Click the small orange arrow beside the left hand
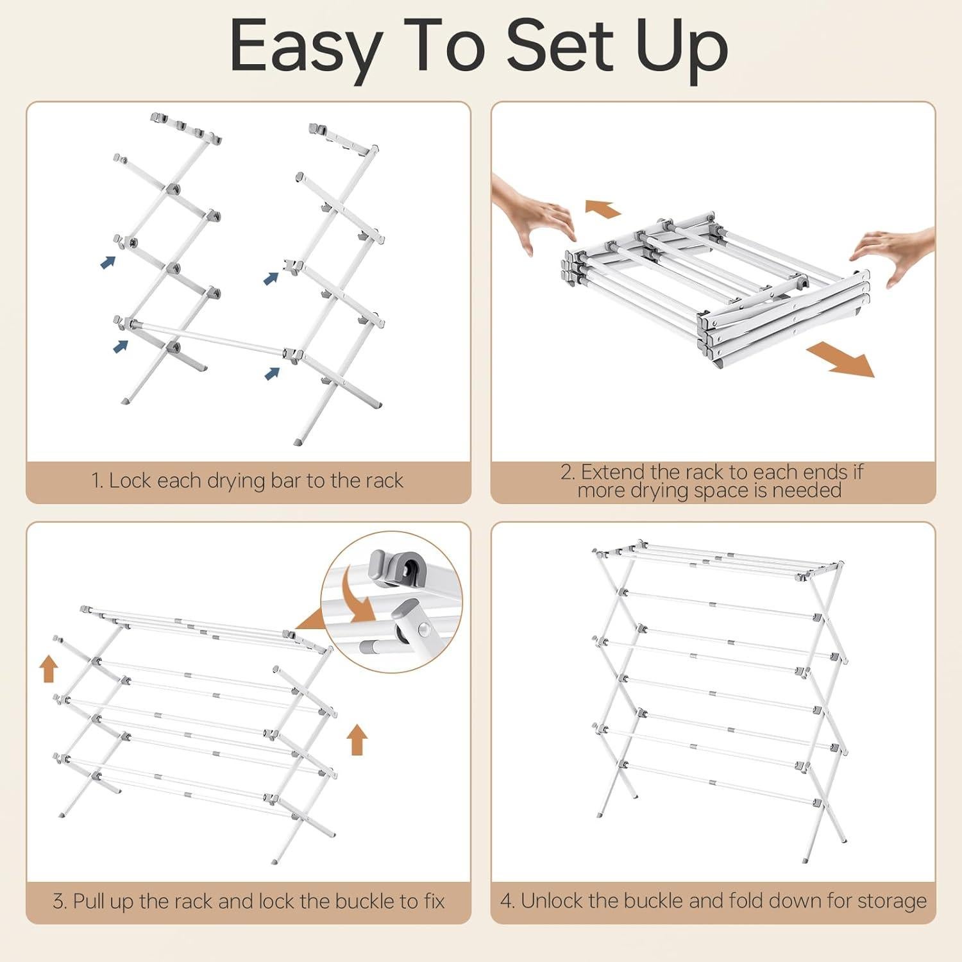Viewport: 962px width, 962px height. pos(603,208)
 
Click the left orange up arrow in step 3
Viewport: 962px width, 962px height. pos(49,668)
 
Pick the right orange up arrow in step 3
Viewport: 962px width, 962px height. pos(357,739)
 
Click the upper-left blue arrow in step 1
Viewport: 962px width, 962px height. pos(108,262)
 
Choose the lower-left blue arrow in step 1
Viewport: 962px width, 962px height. pos(121,346)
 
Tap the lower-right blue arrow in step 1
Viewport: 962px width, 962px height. pos(272,373)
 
